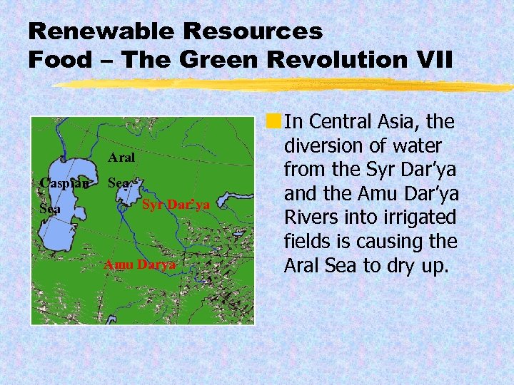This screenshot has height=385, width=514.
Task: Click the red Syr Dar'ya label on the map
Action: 176,205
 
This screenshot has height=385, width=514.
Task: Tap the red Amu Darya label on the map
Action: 139,265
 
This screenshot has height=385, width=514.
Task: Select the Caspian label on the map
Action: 64,183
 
